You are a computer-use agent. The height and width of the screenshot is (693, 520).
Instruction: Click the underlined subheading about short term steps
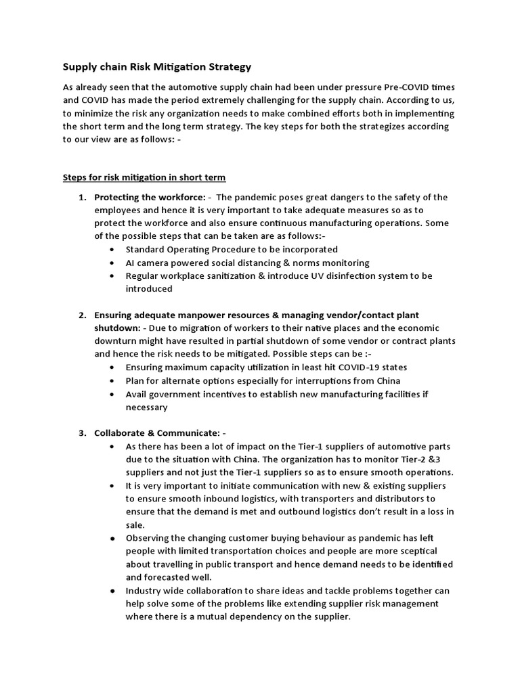pyautogui.click(x=144, y=177)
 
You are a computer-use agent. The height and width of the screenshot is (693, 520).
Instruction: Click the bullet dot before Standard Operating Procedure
pyautogui.click(x=112, y=250)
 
